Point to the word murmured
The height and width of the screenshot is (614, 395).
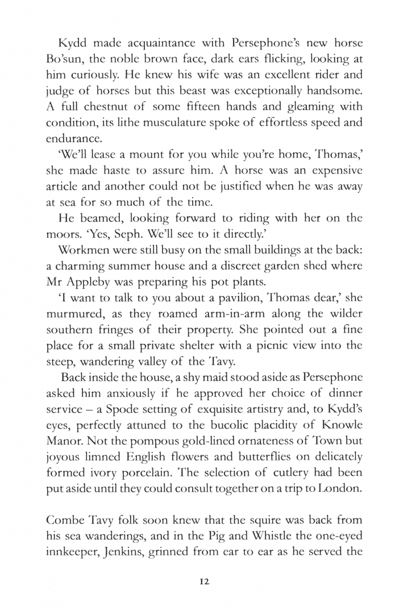71,313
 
